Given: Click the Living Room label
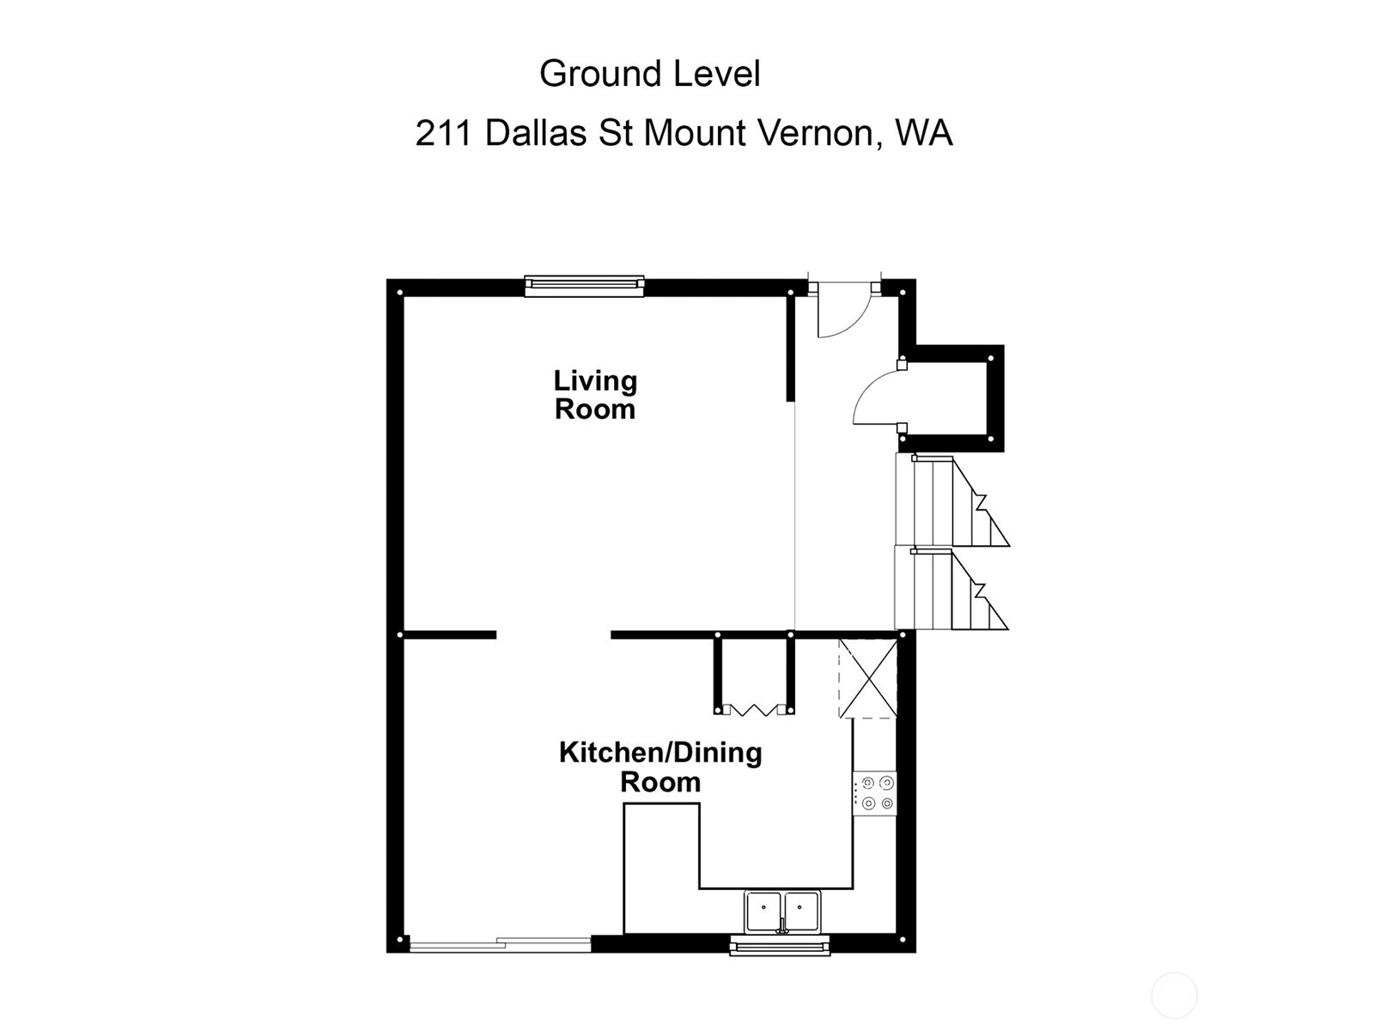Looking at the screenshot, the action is (x=595, y=395).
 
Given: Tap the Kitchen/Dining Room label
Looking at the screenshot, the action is (x=660, y=767).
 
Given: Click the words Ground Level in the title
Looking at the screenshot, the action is (x=650, y=74).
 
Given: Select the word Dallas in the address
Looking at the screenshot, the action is (x=536, y=132).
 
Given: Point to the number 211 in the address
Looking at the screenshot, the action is (x=443, y=133).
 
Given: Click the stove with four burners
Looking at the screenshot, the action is (x=874, y=793).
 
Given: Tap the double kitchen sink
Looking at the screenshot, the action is (x=782, y=912).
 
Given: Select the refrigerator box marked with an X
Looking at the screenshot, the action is (x=867, y=678).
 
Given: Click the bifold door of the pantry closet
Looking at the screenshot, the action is (x=754, y=710).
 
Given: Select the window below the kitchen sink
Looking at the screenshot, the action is (x=780, y=946).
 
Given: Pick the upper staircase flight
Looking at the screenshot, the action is (x=951, y=500).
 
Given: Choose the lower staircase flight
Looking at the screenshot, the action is (x=951, y=588).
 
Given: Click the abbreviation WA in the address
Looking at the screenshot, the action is (x=924, y=132).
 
